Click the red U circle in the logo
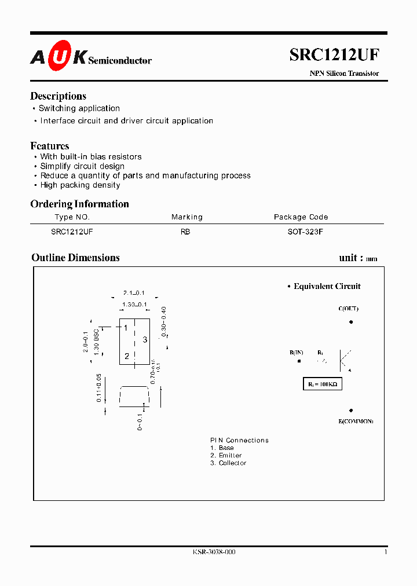(59, 57)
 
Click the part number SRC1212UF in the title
(334, 55)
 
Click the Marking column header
(186, 217)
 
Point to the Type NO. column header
(72, 217)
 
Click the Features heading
(50, 146)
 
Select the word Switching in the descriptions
(57, 108)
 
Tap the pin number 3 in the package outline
(145, 339)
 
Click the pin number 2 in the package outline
(127, 356)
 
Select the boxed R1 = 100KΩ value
(323, 384)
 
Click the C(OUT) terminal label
(348, 309)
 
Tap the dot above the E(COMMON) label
(351, 410)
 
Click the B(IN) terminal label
(297, 353)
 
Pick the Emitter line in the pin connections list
(226, 455)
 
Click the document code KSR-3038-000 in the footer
(214, 552)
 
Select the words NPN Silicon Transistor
(344, 74)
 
